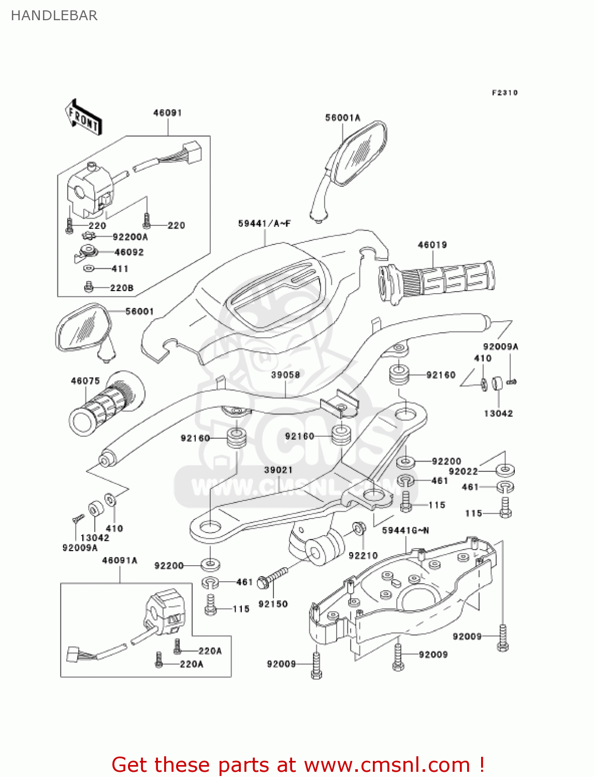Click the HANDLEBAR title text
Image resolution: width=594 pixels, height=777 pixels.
(54, 16)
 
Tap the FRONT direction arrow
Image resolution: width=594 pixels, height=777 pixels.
(83, 118)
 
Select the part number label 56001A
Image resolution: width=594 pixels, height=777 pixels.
(342, 118)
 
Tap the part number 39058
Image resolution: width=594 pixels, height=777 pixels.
(285, 375)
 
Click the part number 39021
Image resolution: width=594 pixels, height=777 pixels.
(278, 470)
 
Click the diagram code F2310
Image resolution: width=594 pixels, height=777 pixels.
(504, 93)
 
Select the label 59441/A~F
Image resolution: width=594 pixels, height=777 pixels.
(264, 224)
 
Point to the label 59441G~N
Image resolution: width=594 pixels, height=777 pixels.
(405, 530)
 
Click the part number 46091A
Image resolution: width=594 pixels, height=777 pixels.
(120, 560)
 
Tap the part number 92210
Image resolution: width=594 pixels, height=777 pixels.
(363, 555)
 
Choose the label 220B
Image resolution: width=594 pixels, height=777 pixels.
(122, 288)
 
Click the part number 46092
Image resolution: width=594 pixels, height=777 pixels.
(129, 252)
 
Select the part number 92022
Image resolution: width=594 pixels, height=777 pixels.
(463, 471)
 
